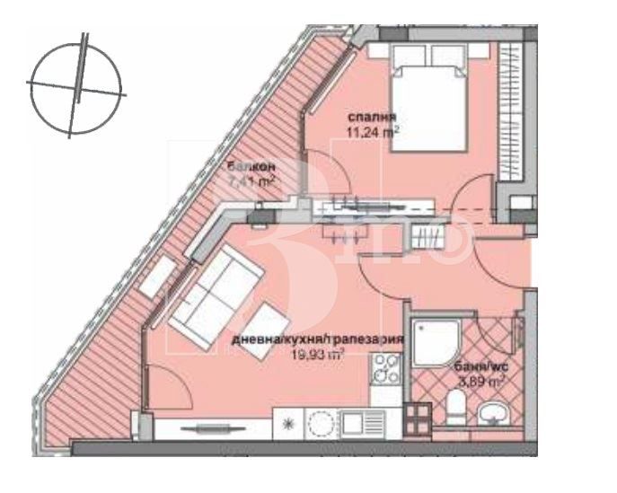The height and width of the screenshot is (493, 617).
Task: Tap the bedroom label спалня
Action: (372, 118)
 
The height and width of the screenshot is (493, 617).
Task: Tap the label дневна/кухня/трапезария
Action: (315, 340)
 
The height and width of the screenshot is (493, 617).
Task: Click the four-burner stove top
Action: (386, 367)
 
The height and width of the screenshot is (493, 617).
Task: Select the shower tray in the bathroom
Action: (436, 343)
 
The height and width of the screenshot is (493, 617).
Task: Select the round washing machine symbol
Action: (320, 422)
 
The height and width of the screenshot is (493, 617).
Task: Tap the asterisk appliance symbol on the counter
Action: (287, 422)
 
